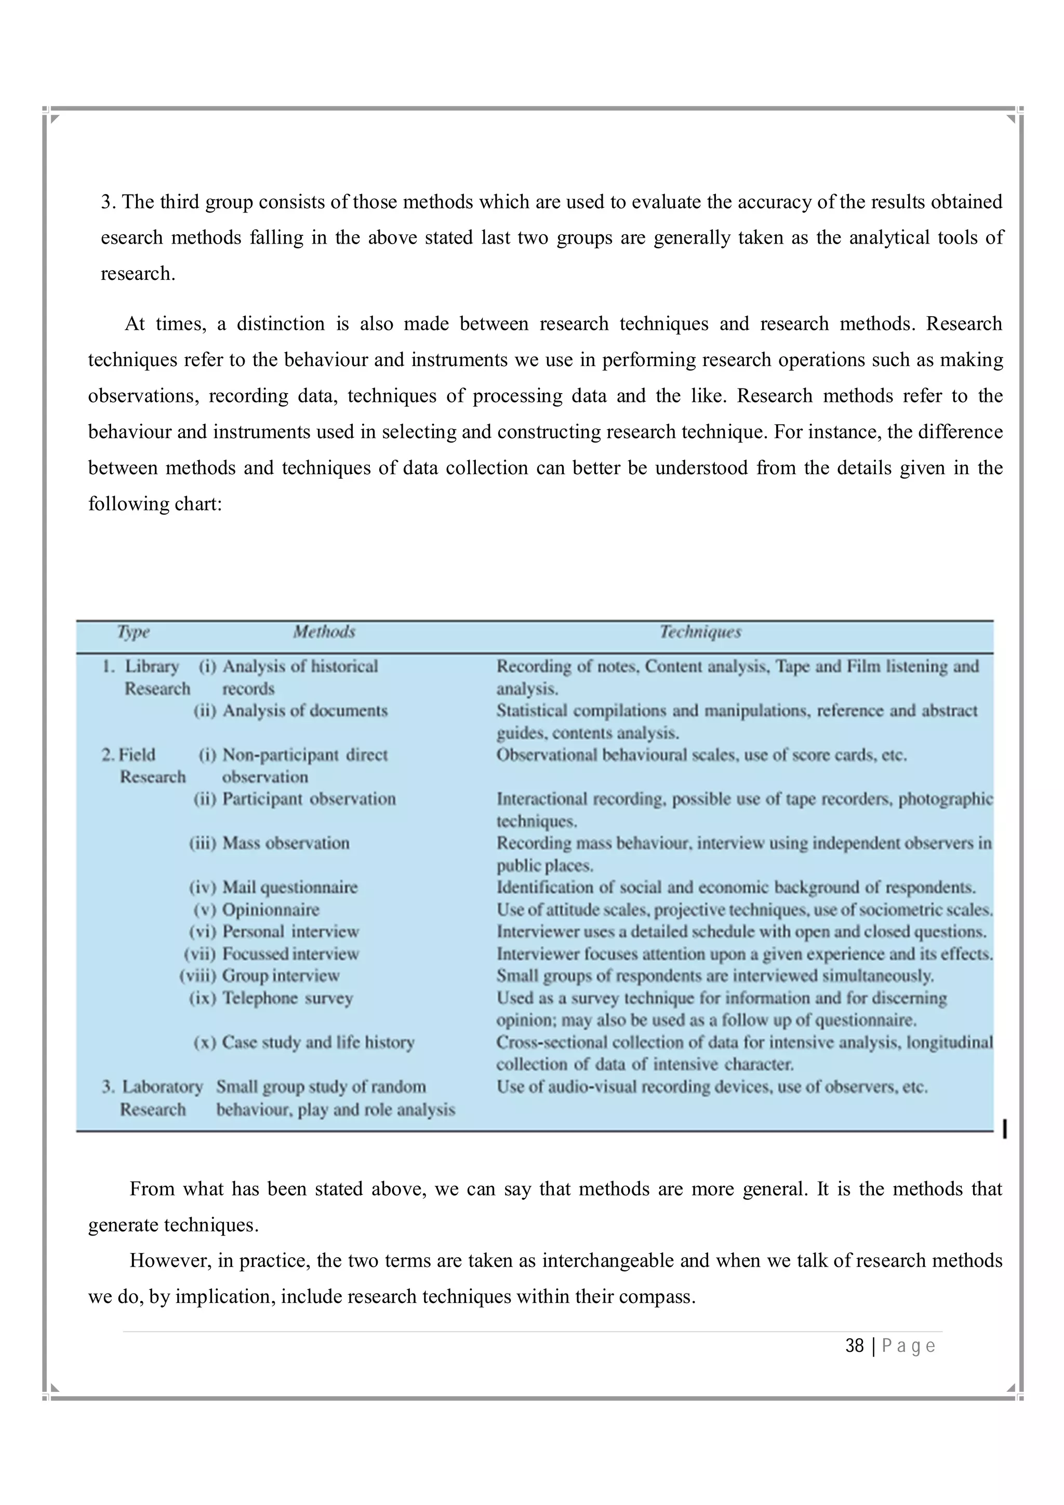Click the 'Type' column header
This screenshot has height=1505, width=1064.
(133, 632)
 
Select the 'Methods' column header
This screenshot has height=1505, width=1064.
(324, 632)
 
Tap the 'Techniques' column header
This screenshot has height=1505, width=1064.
(700, 632)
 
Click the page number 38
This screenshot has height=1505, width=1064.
(854, 1346)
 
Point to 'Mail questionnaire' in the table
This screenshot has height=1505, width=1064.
(290, 888)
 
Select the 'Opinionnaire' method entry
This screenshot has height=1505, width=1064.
(270, 910)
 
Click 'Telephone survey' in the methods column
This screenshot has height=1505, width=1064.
(287, 998)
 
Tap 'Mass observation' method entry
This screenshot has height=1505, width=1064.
(285, 843)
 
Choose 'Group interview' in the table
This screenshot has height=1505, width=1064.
(281, 976)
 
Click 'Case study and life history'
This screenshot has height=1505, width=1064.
(318, 1042)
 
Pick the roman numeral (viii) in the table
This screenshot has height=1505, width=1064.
(197, 976)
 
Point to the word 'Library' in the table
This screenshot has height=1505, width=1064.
(152, 667)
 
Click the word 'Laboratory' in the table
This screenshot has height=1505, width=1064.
(163, 1087)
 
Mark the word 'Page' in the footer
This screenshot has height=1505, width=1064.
(908, 1346)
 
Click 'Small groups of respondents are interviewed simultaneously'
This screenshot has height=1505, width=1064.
(714, 976)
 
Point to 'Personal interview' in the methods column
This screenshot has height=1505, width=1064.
(290, 932)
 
